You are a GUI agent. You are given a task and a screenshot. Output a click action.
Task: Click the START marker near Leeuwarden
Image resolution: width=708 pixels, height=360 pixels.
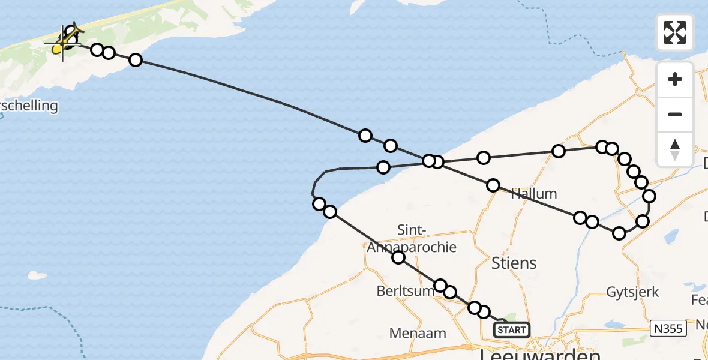tap(512, 329)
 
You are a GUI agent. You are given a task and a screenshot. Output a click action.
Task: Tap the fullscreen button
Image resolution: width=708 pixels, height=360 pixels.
tap(675, 32)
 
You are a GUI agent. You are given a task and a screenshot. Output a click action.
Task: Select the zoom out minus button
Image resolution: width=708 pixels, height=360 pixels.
tap(675, 114)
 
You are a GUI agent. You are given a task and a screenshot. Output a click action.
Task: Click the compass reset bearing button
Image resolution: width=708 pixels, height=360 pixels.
tap(675, 149)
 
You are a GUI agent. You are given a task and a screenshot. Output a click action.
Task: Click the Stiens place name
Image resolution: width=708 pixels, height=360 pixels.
tap(514, 263)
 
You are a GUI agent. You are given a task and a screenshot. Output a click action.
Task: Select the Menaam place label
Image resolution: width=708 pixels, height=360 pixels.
tap(418, 333)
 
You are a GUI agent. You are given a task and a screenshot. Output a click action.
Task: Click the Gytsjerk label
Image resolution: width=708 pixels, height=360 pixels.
tap(632, 292)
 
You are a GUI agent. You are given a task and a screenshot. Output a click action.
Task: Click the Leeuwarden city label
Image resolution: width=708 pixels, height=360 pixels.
tap(540, 353)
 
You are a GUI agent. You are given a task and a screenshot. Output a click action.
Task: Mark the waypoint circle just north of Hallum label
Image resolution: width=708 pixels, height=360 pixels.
tap(493, 185)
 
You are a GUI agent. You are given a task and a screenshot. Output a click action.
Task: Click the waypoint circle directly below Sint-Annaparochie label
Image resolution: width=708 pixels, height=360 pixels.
tap(398, 258)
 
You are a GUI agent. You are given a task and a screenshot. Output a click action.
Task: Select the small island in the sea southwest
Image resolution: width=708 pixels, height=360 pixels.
tap(37, 276)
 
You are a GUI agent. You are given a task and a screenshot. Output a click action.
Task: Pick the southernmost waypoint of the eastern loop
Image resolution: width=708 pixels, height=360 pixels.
tap(619, 233)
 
